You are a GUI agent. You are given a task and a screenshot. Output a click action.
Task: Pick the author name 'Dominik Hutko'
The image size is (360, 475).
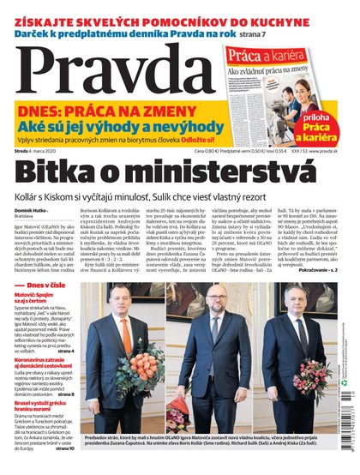33,219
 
